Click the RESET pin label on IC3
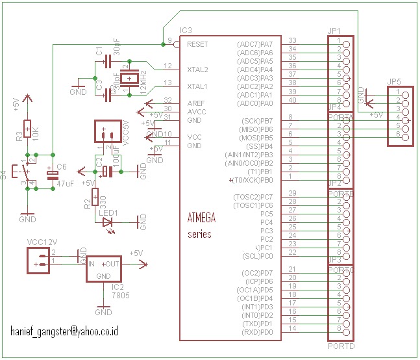point(197,44)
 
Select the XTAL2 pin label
point(197,69)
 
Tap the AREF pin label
point(196,103)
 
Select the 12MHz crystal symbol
point(132,79)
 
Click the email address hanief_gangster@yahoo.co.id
point(64,331)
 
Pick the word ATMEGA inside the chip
point(201,218)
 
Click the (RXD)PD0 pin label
point(257,332)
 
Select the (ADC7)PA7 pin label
point(256,44)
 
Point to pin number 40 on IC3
point(292,100)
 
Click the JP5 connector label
point(393,82)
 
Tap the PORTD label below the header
point(341,347)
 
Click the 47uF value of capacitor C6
point(66,185)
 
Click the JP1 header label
point(336,31)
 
